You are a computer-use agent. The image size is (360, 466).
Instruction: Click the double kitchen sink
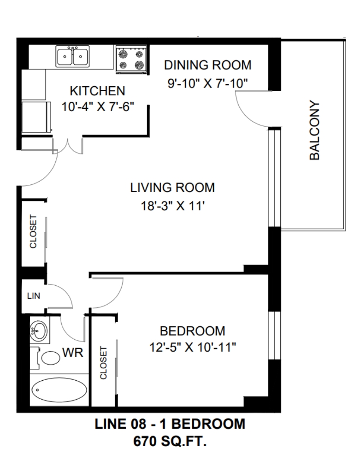point(72,56)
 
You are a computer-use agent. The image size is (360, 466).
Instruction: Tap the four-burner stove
point(131,59)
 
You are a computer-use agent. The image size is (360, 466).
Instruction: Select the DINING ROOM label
point(207,65)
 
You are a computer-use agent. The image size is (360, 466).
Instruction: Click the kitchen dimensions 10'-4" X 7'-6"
point(98,106)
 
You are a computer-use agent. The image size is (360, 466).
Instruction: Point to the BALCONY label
point(314,131)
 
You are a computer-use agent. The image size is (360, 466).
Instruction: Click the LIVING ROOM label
point(172,188)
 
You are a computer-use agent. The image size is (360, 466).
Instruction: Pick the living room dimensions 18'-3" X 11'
point(173,206)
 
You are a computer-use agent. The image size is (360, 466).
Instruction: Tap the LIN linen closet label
point(33,296)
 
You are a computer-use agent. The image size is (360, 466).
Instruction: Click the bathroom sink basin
point(38,330)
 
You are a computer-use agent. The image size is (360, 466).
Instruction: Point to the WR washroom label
point(72,353)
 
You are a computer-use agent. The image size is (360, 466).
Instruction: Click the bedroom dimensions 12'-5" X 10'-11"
point(193,347)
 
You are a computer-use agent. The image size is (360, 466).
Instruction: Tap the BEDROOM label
point(193,331)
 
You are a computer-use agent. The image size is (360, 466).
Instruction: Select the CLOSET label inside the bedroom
point(103,363)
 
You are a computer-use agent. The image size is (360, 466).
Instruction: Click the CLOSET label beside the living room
point(33,231)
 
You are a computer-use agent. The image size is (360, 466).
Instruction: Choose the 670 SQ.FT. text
point(170,441)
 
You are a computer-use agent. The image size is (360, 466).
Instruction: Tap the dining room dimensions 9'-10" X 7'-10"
point(207,83)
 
